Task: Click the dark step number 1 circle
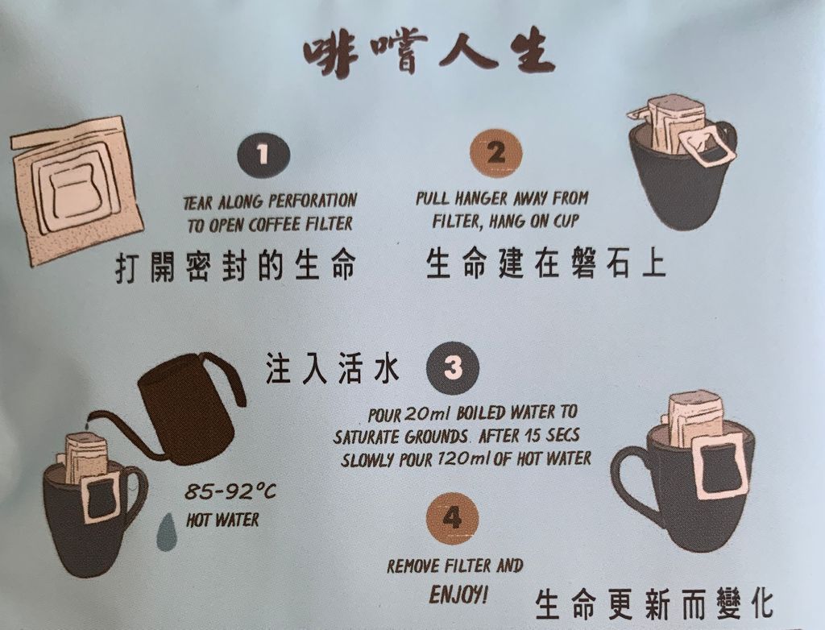(x=263, y=154)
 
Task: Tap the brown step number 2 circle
(x=495, y=153)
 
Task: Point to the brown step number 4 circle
(x=453, y=519)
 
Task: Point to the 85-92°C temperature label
(x=230, y=492)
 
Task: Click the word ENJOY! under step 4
(x=458, y=595)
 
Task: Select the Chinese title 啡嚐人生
(x=429, y=53)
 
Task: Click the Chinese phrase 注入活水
(x=333, y=368)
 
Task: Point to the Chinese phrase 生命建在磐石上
(x=546, y=263)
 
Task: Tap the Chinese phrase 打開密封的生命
(x=235, y=266)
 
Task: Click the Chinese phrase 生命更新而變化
(x=654, y=604)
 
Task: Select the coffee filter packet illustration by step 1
(x=77, y=190)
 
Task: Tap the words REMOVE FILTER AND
(x=455, y=566)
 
